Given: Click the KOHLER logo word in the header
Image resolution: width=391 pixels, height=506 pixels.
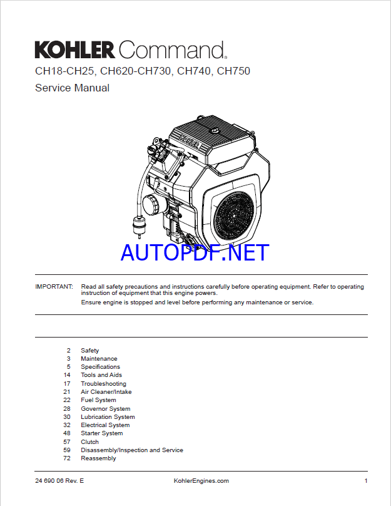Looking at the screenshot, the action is pos(75,49).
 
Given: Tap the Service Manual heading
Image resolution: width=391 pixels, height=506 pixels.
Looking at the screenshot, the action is pos(72,88).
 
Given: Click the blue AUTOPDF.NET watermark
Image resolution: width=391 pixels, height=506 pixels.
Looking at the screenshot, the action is pos(195,252).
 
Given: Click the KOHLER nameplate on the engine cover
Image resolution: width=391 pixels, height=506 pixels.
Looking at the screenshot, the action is pos(190,142).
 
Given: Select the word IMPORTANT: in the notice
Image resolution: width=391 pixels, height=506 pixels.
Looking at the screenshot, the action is pos(54,287).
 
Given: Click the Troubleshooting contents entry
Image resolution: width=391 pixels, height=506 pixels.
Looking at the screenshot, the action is pos(103,384).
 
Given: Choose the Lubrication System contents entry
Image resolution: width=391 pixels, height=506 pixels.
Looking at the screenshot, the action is pos(108,417).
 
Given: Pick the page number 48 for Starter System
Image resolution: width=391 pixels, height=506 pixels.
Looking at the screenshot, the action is pos(67,433).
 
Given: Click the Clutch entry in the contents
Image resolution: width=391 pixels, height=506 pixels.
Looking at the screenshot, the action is pos(89,441).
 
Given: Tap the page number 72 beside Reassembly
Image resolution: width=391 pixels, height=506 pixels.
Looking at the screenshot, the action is pos(67,458).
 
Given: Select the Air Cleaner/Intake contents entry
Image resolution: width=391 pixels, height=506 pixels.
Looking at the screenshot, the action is pos(106,392).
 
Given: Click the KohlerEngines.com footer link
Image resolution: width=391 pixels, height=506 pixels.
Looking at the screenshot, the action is pos(201,481).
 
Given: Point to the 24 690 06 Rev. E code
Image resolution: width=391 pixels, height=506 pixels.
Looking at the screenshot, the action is pos(59,481).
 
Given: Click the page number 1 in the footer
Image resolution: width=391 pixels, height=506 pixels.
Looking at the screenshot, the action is pos(366,481).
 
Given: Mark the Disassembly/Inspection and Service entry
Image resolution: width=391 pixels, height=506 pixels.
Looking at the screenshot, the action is pos(132,450).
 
